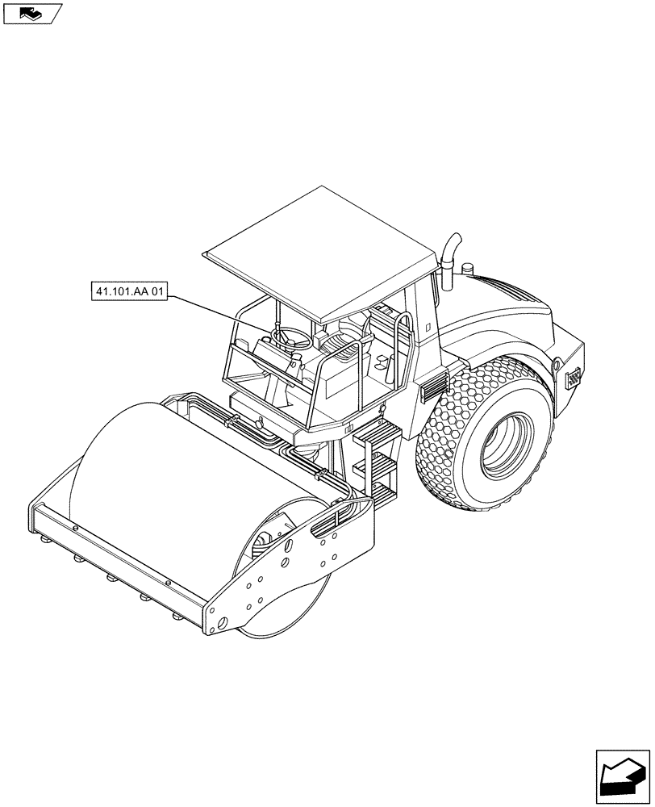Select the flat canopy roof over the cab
pyautogui.click(x=323, y=250)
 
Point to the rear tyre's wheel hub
pyautogui.click(x=507, y=444)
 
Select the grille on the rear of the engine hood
pyautogui.click(x=574, y=377)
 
